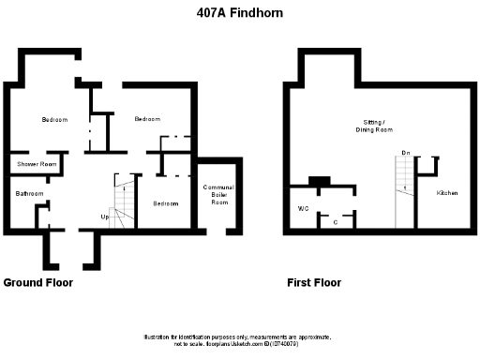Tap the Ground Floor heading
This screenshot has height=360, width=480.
click(x=38, y=282)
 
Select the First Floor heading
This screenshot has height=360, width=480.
click(x=314, y=282)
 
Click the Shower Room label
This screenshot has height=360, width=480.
click(x=37, y=165)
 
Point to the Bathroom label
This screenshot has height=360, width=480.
click(x=29, y=194)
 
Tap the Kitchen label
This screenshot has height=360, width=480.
click(x=447, y=193)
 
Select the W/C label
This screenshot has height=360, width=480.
click(x=303, y=207)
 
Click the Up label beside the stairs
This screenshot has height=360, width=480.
click(x=106, y=218)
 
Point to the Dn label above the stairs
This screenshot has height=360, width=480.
click(x=406, y=152)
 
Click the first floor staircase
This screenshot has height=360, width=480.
click(x=404, y=192)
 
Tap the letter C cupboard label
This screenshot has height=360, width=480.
click(x=335, y=222)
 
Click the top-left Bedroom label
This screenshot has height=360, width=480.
click(x=54, y=119)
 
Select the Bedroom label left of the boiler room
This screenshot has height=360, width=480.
click(x=166, y=203)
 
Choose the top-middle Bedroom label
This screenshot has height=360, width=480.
click(x=146, y=119)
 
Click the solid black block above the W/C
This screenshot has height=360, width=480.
click(x=319, y=181)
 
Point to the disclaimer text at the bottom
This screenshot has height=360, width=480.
click(x=239, y=340)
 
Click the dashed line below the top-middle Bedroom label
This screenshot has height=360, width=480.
click(x=175, y=137)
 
